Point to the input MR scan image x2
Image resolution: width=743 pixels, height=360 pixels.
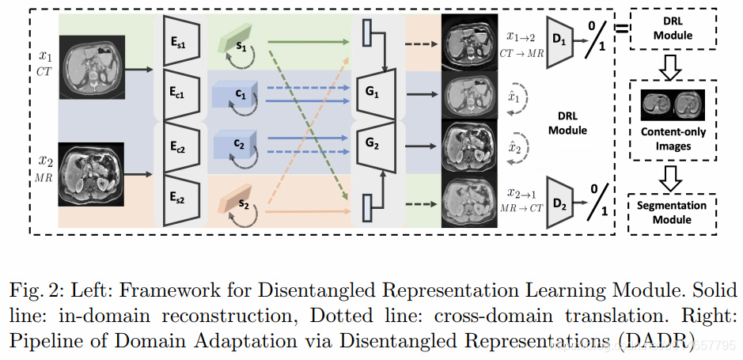pyautogui.click(x=91, y=174)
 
